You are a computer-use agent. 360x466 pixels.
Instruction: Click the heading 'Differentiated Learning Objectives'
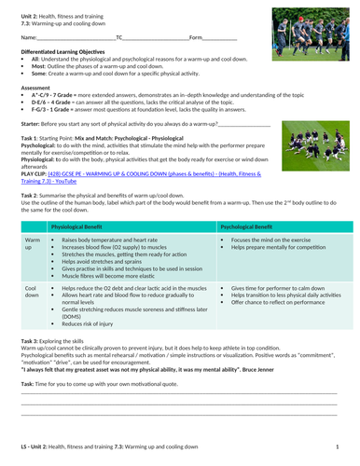67,50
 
